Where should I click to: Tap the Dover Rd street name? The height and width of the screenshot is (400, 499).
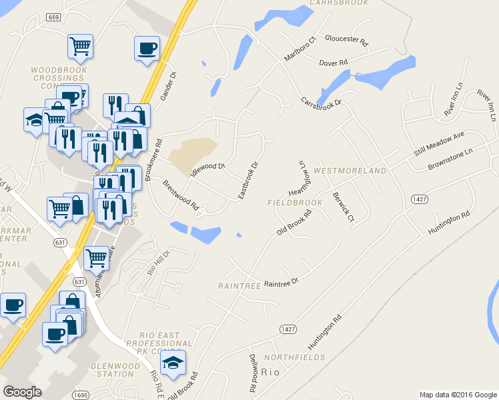(x=334, y=63)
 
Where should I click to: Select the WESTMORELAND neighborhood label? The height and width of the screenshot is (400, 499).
(x=350, y=171)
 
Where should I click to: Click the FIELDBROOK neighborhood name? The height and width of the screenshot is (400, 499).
(x=294, y=201)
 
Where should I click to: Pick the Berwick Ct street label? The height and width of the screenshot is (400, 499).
(x=343, y=208)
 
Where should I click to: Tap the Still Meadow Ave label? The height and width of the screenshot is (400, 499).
(x=438, y=143)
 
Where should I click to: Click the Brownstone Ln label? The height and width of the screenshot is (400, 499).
(x=450, y=158)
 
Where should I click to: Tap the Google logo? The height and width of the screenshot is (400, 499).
(x=23, y=392)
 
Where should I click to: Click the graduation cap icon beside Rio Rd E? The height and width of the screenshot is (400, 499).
(x=175, y=363)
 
